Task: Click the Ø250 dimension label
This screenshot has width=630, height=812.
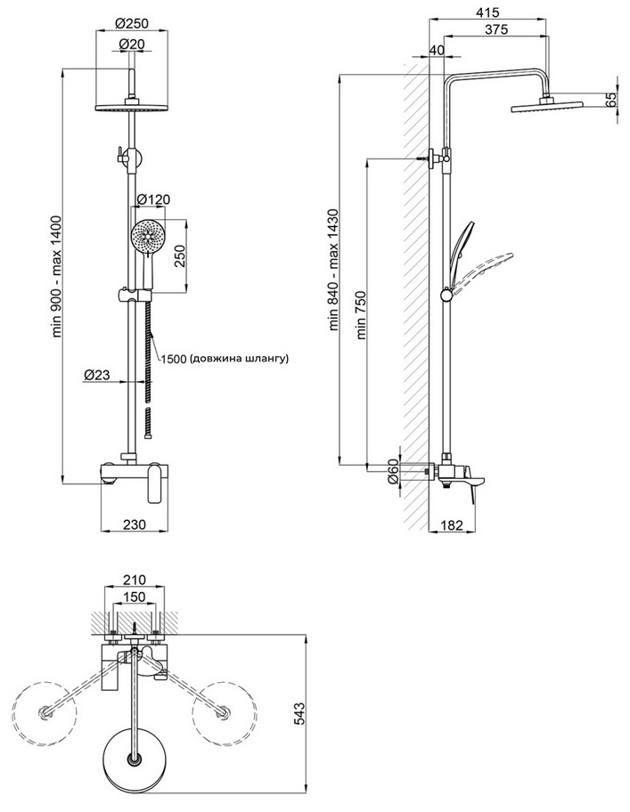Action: coord(132,23)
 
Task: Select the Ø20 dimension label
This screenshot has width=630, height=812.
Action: coord(132,45)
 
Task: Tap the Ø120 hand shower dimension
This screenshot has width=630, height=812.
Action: coord(153,199)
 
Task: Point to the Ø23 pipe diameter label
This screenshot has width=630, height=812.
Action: coord(97,374)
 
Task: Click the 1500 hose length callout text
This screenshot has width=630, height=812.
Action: coord(224,358)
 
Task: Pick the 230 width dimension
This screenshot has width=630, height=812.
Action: coord(135,524)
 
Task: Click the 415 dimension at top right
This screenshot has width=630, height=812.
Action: coord(487,12)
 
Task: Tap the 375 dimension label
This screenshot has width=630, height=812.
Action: coord(496,29)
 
